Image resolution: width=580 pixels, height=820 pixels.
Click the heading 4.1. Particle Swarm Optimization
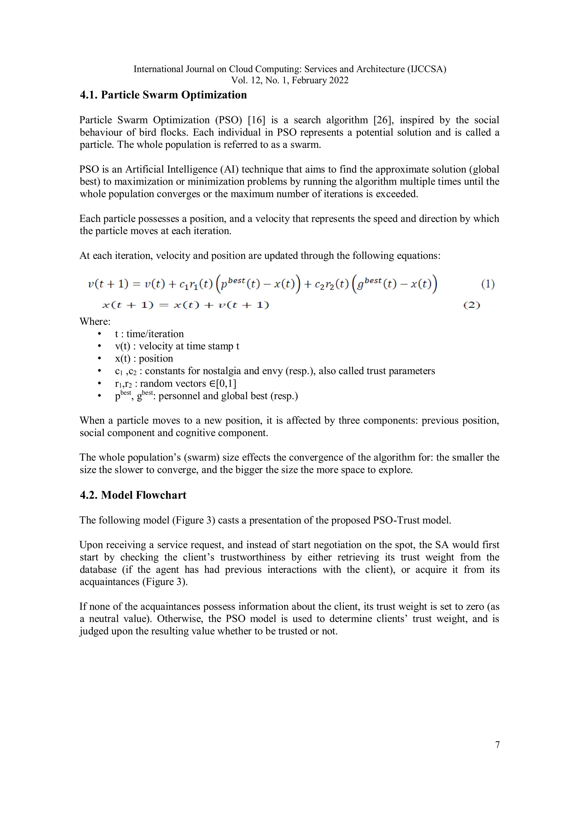click(x=163, y=95)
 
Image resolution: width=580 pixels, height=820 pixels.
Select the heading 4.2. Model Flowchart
click(x=133, y=495)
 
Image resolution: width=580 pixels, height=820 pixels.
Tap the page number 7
click(x=497, y=745)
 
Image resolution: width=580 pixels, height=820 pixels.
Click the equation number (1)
click(x=487, y=284)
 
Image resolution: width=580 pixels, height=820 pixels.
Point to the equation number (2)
click(x=472, y=305)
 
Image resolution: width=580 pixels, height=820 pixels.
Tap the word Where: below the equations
click(x=95, y=321)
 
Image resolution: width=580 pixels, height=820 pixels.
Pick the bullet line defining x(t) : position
click(x=144, y=358)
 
